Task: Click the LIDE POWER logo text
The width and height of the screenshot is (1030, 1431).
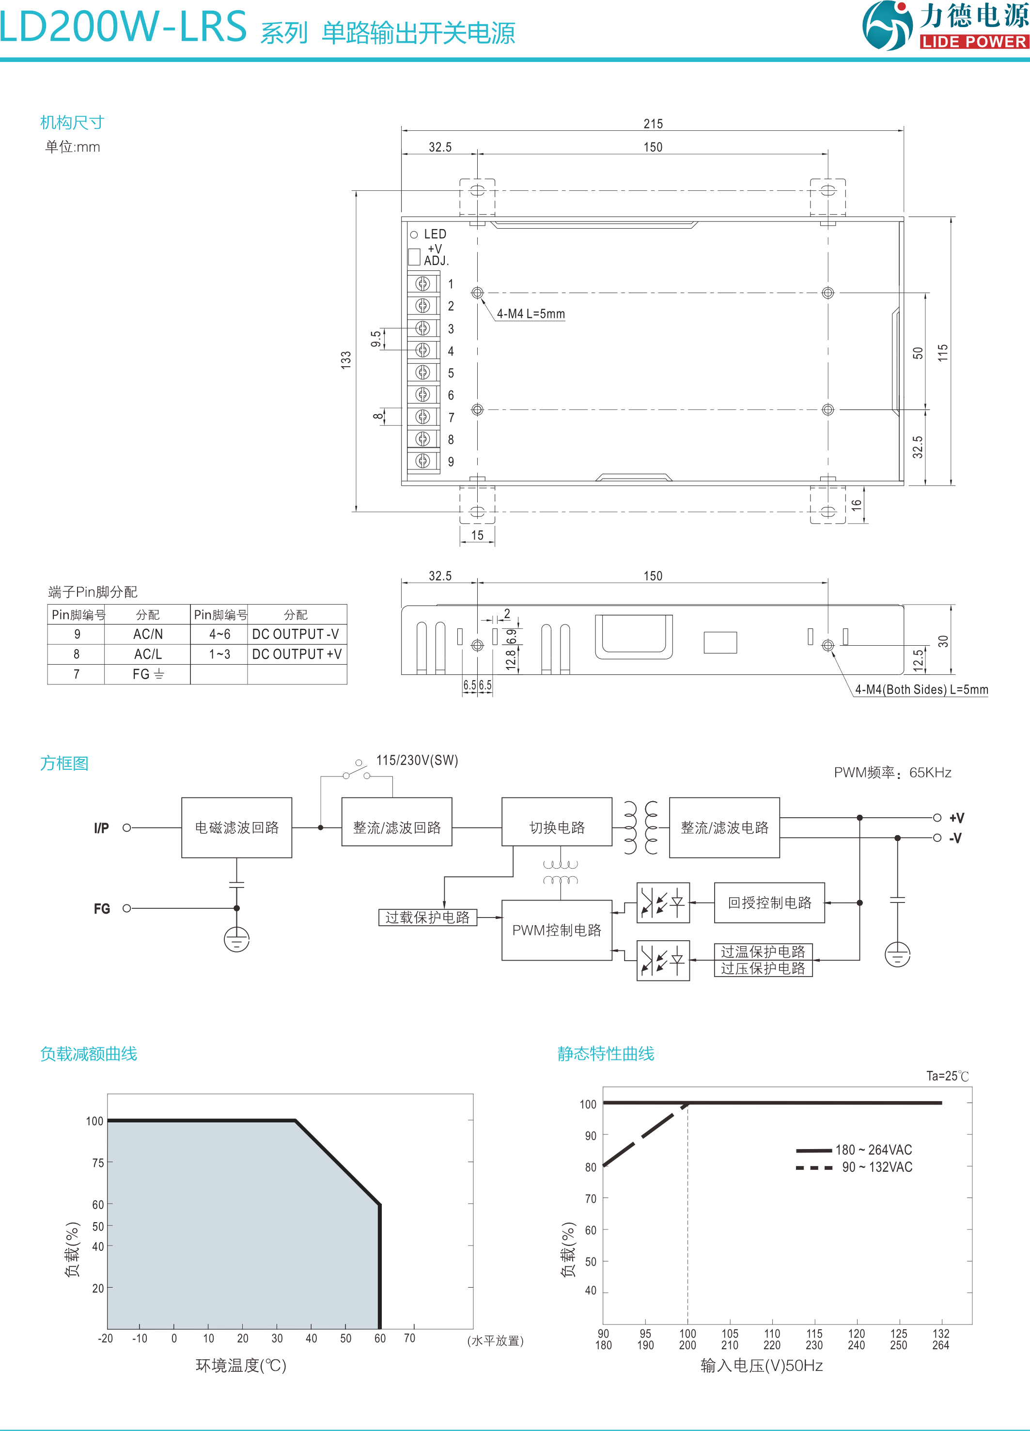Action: click(974, 42)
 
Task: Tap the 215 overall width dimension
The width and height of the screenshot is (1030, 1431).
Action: click(653, 124)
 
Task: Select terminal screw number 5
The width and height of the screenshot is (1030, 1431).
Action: click(423, 372)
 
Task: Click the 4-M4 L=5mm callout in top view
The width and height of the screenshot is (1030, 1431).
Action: click(531, 313)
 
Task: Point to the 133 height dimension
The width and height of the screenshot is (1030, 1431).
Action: click(346, 359)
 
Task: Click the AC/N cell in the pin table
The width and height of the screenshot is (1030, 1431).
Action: click(148, 634)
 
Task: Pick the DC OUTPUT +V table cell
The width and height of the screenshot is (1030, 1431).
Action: click(297, 654)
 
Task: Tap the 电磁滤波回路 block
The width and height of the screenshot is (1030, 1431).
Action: click(237, 827)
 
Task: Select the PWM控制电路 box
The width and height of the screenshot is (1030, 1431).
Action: click(557, 930)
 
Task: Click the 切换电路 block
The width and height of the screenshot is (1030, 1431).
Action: click(557, 827)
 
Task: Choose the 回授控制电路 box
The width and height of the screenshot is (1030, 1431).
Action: click(769, 903)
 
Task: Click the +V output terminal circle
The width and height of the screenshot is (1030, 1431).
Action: click(937, 818)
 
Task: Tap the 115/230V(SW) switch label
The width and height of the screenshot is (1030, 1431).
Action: click(417, 760)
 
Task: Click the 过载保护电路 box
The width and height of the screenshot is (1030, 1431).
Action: click(427, 918)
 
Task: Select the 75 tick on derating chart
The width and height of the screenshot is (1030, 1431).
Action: click(98, 1163)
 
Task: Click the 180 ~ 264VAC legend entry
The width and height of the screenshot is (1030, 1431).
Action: click(874, 1150)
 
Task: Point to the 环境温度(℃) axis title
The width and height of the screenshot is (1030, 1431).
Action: click(241, 1366)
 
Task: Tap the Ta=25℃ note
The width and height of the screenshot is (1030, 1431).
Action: click(947, 1076)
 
